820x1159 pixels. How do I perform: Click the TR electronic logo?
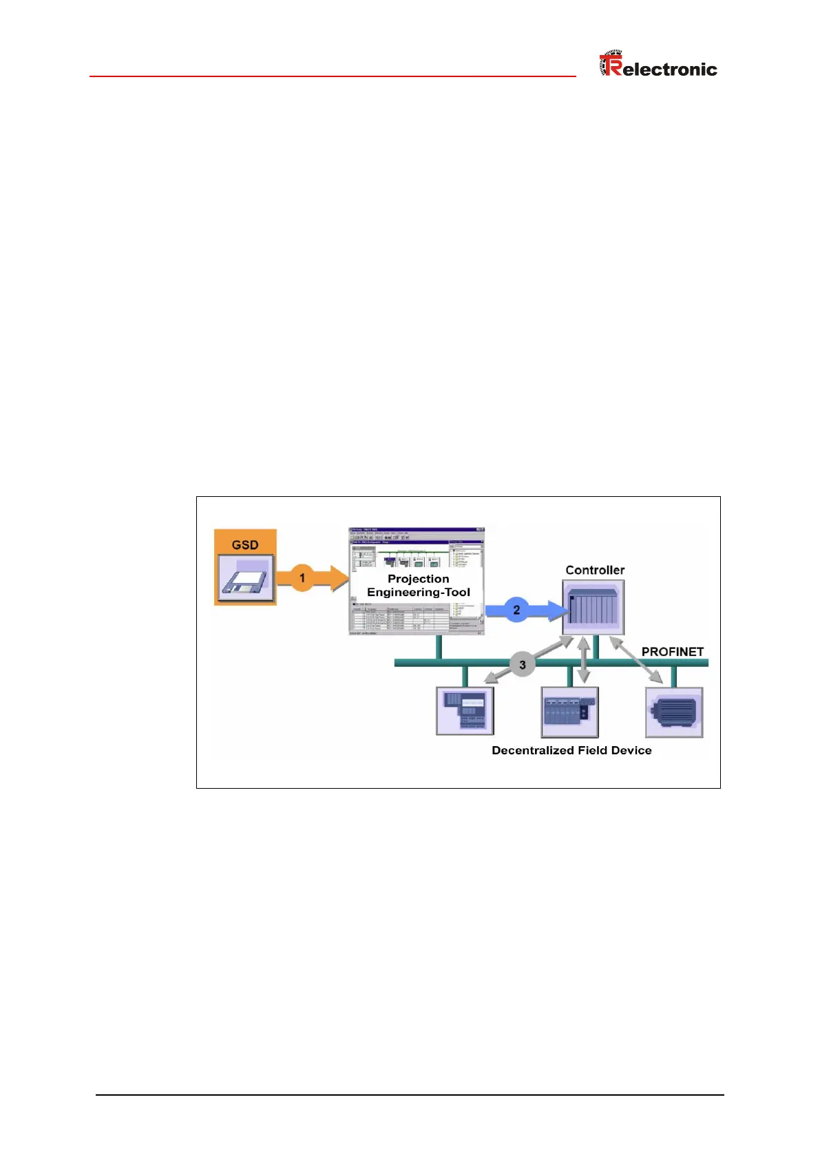tap(658, 65)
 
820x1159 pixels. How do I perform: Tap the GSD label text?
tap(245, 544)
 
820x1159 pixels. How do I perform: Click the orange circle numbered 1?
tap(302, 577)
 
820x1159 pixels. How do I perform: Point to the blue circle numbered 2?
tap(516, 610)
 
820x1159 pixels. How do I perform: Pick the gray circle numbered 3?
tap(523, 665)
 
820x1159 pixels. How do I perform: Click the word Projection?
tap(418, 579)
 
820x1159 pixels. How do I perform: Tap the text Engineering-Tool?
tap(419, 592)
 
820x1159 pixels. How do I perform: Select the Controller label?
tap(595, 570)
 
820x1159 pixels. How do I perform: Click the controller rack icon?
tap(593, 607)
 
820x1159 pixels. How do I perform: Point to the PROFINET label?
tap(673, 651)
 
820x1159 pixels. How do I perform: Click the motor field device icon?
tap(674, 712)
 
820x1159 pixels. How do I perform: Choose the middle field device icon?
tap(569, 712)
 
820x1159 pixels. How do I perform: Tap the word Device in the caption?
tap(631, 750)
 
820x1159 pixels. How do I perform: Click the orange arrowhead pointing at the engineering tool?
tap(339, 577)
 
